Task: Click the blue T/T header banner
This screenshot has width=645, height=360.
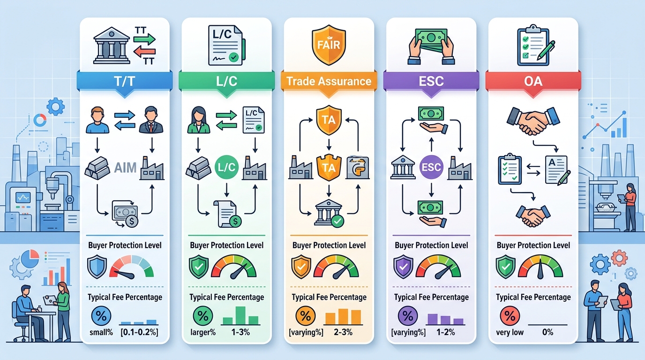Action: point(124,81)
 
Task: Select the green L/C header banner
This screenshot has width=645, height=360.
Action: point(226,81)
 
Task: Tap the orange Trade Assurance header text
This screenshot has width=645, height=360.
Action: point(329,81)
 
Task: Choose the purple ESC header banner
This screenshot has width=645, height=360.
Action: point(431,81)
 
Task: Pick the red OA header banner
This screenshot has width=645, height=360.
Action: point(533,81)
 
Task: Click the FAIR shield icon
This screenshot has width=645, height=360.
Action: point(329,45)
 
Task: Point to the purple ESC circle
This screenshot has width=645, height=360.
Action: point(431,167)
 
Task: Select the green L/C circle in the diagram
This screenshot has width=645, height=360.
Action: point(226,167)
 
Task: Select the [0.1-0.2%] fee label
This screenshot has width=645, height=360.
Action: point(139,332)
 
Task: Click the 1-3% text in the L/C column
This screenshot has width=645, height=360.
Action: point(240,332)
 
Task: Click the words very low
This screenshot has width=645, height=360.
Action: point(510,332)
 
